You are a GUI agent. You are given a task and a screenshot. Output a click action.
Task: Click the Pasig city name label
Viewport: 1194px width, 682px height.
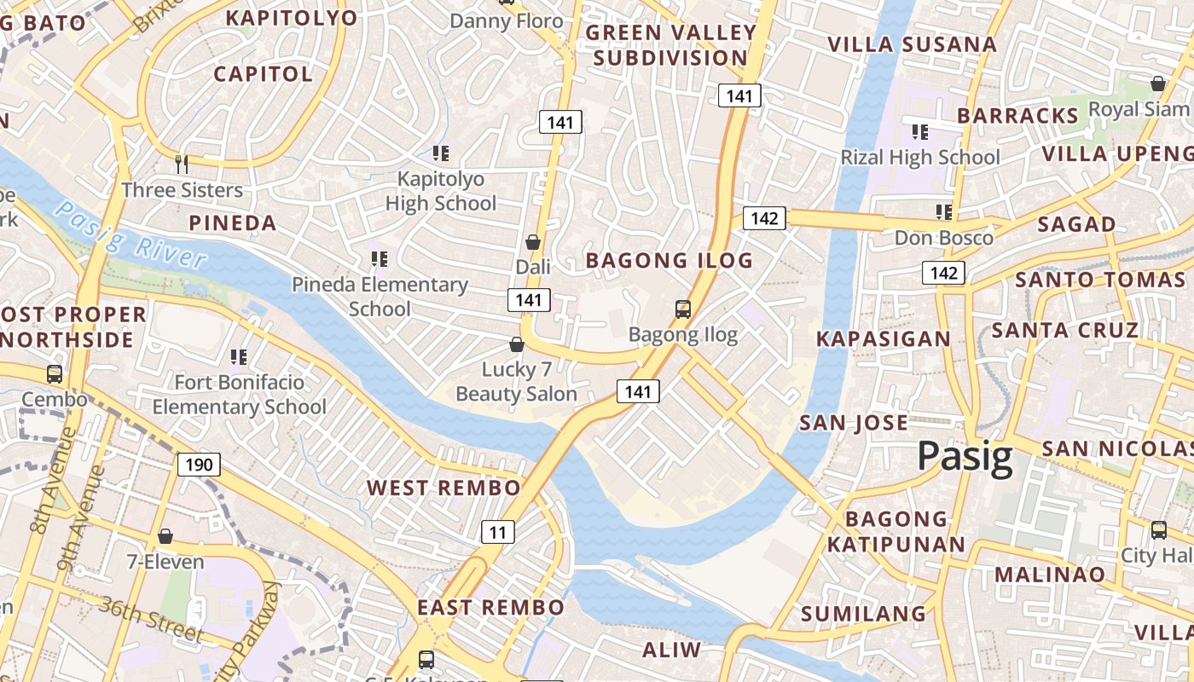[965, 458]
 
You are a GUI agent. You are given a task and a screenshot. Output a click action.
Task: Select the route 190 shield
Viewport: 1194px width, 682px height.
[199, 465]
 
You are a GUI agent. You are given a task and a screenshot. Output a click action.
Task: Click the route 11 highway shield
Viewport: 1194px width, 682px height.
[498, 533]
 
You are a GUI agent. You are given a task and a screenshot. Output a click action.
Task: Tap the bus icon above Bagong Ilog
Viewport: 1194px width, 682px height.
[683, 309]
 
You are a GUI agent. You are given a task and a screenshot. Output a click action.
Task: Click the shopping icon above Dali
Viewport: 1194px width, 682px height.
[533, 242]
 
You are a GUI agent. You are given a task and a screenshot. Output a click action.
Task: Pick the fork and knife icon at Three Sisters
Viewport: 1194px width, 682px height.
[182, 164]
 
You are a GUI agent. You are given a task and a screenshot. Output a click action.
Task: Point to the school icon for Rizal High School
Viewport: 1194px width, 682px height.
[919, 131]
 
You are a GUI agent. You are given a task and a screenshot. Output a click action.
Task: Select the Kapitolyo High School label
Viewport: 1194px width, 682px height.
[441, 191]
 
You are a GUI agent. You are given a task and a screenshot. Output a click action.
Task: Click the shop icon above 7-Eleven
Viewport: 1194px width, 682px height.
[165, 536]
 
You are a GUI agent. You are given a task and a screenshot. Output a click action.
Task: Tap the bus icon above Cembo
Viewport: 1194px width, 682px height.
[55, 373]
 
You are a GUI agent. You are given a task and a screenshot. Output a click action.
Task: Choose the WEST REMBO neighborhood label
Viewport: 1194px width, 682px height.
[443, 488]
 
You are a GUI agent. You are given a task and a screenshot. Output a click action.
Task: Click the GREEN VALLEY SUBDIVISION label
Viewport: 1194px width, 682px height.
[671, 45]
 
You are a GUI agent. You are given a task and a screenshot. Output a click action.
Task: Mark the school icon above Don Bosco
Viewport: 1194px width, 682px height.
[943, 211]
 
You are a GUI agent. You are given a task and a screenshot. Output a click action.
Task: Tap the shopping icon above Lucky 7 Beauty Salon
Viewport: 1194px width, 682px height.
[516, 344]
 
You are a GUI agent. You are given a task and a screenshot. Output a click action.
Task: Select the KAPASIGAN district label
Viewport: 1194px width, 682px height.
[883, 338]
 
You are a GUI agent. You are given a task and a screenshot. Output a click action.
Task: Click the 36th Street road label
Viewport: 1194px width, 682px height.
[150, 620]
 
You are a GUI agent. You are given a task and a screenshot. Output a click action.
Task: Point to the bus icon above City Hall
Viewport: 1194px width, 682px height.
[1159, 529]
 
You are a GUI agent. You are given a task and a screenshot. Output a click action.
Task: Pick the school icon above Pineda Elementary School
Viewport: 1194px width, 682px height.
[380, 258]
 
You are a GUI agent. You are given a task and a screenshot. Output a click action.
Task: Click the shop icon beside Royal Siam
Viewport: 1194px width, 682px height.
[1158, 84]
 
